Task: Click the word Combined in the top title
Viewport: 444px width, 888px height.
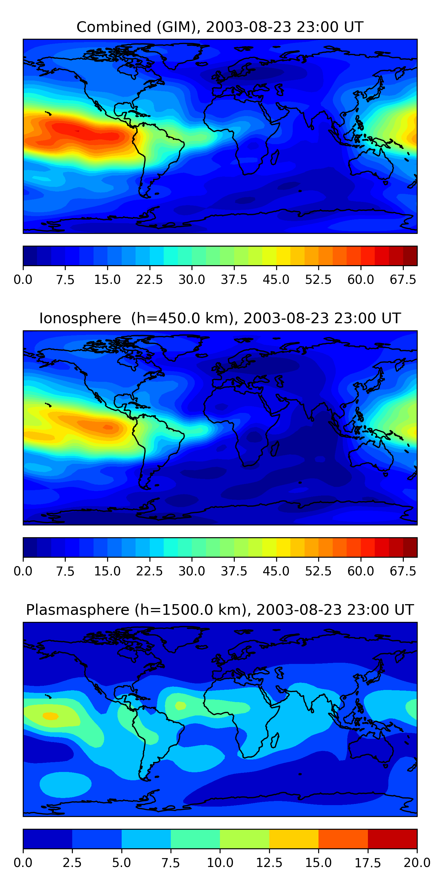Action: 114,27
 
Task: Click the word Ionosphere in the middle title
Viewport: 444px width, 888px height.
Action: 80,318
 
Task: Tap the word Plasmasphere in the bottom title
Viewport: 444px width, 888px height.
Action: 78,610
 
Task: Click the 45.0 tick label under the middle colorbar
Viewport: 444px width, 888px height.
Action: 276,571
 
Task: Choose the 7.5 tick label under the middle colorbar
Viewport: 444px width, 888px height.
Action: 65,571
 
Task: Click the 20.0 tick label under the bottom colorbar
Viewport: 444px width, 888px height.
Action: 417,863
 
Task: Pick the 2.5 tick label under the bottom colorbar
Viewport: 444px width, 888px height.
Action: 72,863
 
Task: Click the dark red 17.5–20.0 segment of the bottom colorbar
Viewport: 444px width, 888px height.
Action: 392,839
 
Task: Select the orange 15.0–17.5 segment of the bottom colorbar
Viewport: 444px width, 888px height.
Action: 343,839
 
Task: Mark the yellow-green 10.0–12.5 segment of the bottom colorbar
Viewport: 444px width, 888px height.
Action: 244,839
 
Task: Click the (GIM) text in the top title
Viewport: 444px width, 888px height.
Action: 178,27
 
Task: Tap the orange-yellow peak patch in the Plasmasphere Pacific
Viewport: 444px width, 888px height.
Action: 50,716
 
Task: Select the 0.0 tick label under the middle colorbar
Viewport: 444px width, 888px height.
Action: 23,571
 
